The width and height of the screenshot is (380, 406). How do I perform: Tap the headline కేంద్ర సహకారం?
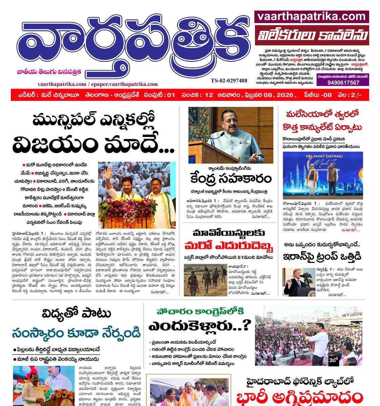[231, 178]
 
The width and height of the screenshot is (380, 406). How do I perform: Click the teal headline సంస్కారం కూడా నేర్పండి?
[76, 333]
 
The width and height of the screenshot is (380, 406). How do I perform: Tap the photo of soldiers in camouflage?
[205, 280]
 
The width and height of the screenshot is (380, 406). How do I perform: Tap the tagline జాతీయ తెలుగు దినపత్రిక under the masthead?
[49, 71]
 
